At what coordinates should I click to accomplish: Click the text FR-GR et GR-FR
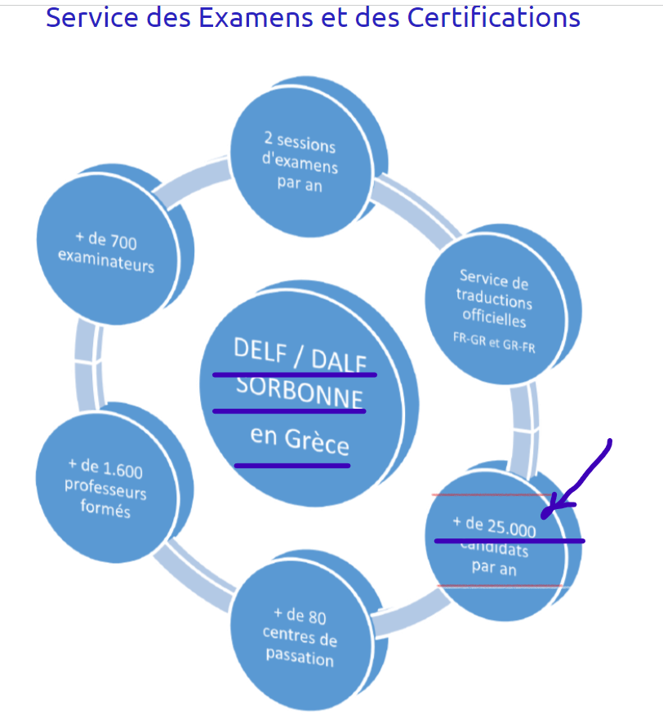(494, 343)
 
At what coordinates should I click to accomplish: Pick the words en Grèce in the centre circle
(300, 441)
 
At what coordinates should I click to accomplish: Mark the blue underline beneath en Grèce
(291, 466)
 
